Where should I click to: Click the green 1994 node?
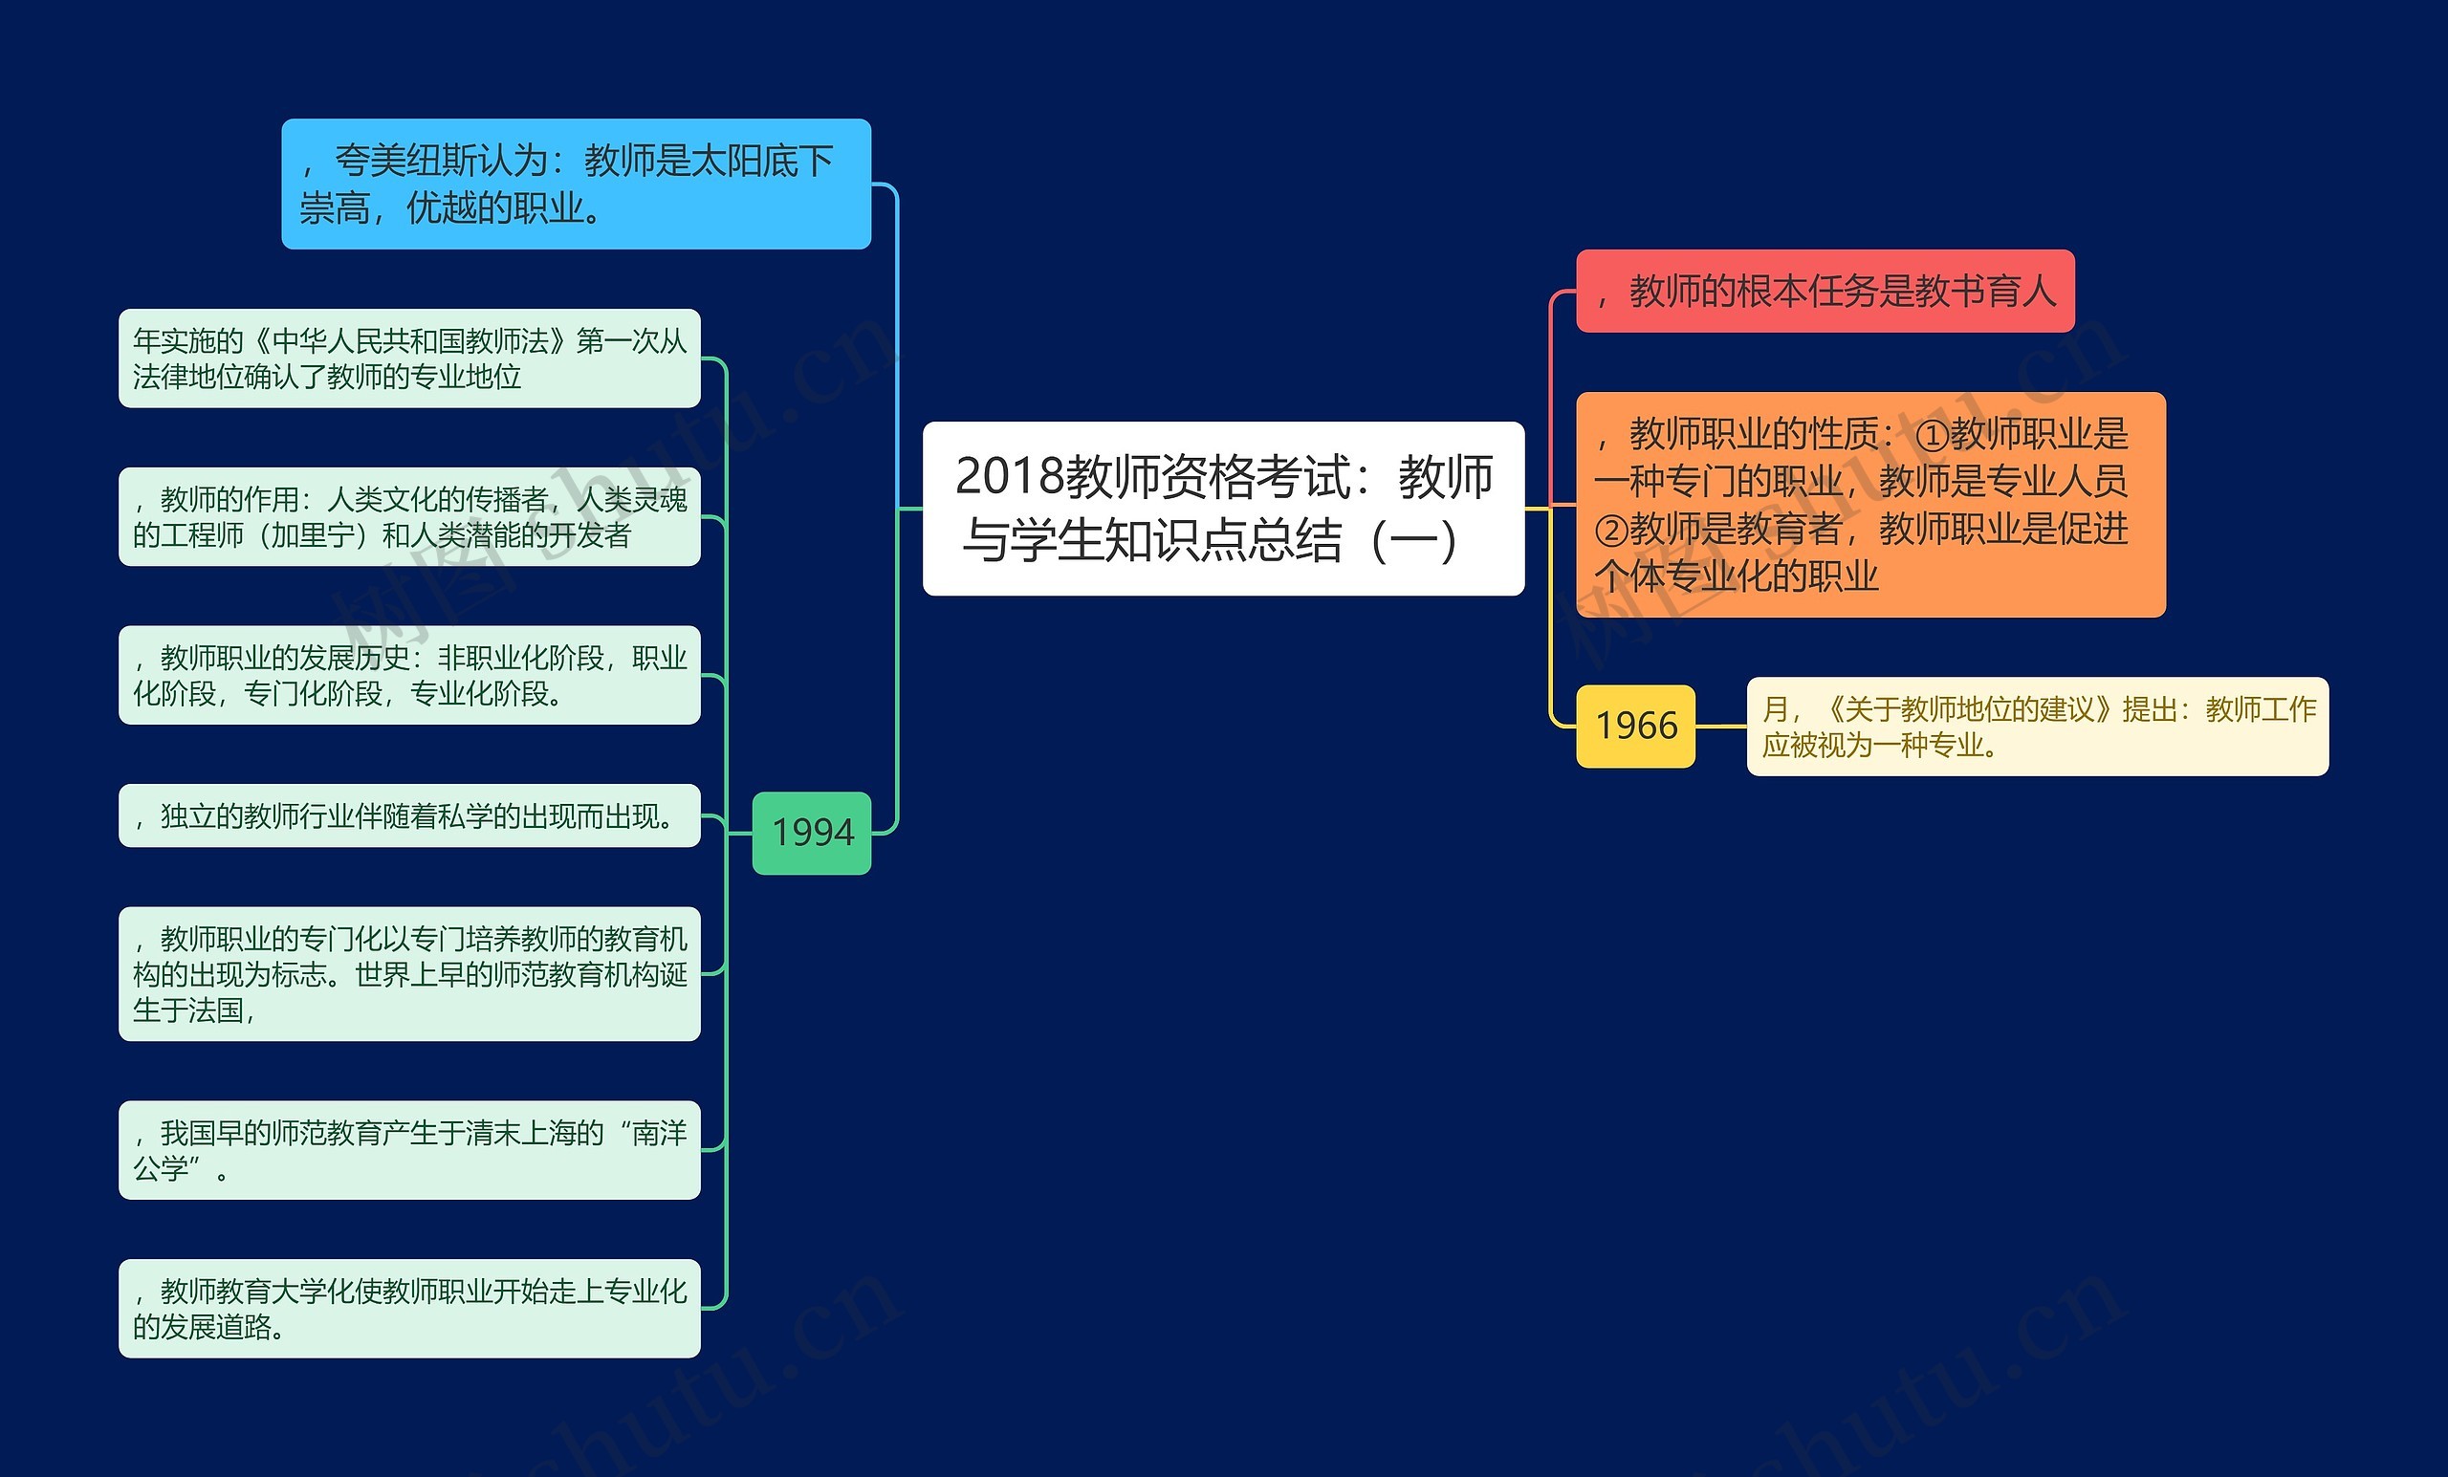click(811, 833)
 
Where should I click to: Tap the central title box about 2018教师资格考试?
click(1223, 508)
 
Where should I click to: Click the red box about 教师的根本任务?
click(1825, 290)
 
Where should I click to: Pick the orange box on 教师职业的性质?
click(1869, 505)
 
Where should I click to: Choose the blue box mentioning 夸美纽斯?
click(576, 184)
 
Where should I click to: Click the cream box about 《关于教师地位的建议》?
click(2037, 727)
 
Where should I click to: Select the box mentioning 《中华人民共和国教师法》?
click(408, 358)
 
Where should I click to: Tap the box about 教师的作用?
click(408, 516)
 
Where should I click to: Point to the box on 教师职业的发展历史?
click(408, 676)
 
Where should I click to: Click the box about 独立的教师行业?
click(408, 815)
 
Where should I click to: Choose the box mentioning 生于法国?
click(408, 973)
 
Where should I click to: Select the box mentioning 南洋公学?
click(408, 1149)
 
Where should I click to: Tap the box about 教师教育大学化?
click(408, 1308)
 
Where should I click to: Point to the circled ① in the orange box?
click(1931, 435)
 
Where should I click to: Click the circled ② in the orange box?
click(1610, 530)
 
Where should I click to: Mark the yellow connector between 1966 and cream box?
click(1720, 727)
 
